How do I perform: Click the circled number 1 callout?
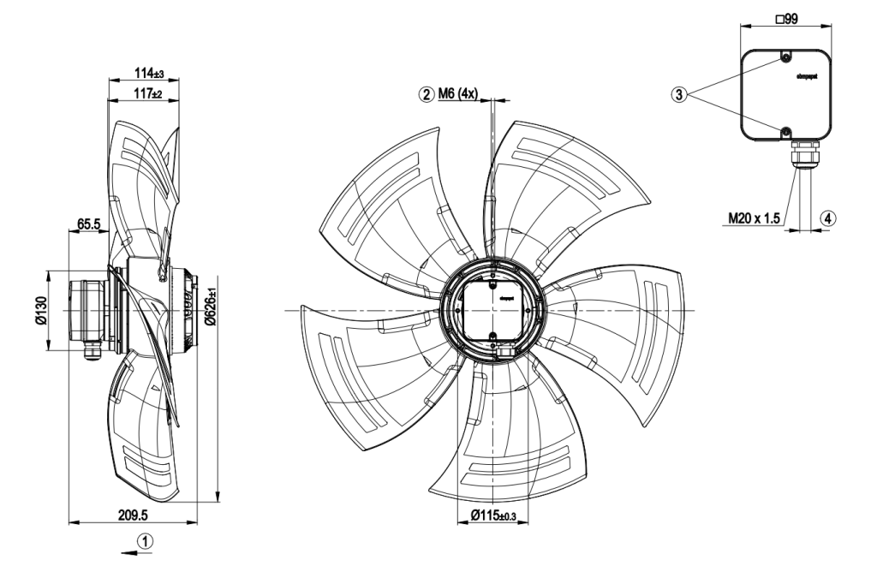147,540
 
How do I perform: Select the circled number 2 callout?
427,93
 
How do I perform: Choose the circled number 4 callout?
827,218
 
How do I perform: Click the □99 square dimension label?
785,18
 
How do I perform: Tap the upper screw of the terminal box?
786,57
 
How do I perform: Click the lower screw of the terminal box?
786,131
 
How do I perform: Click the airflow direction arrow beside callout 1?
129,552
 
